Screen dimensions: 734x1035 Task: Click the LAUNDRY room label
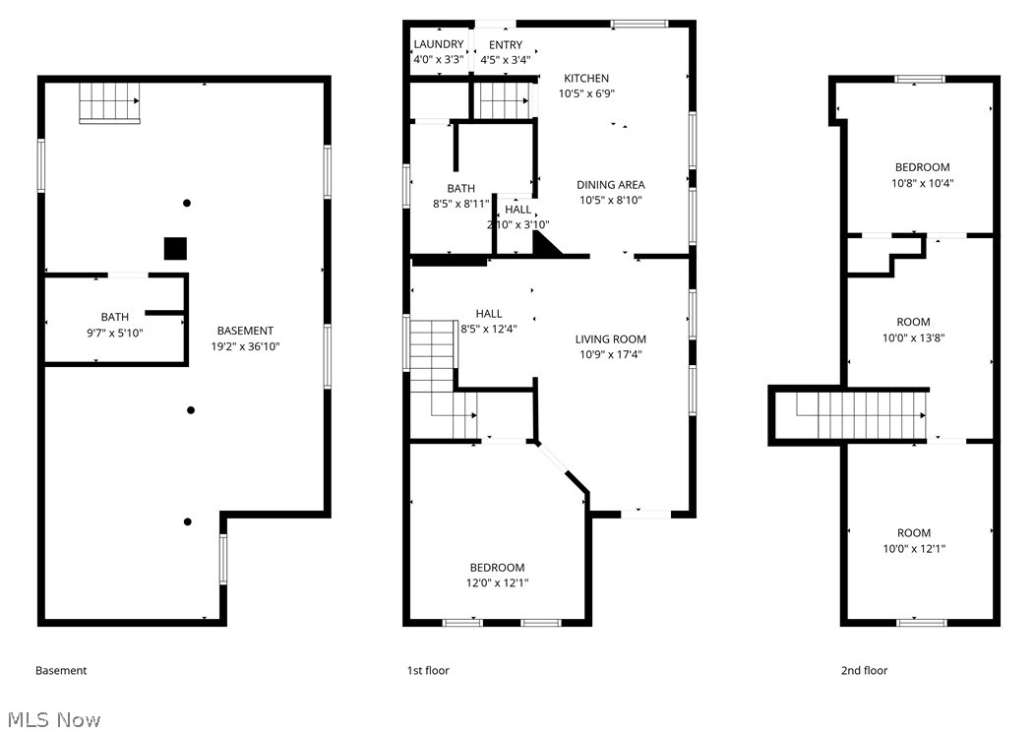pos(438,44)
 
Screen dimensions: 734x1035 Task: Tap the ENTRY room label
pos(507,44)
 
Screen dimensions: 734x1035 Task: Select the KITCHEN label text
pos(586,79)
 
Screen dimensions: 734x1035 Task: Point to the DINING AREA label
pos(610,185)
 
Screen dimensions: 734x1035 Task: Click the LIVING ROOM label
pos(610,339)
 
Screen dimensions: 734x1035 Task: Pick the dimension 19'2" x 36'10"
pos(245,346)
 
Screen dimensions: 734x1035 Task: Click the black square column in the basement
pos(175,248)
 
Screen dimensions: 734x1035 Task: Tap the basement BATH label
pos(114,317)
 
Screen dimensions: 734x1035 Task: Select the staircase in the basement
pos(109,102)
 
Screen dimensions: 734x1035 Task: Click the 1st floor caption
pos(428,671)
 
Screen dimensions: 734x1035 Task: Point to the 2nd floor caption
pos(864,671)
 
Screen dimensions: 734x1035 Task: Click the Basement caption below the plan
pos(61,671)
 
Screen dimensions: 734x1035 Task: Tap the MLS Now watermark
pos(51,719)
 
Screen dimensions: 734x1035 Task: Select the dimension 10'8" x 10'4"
pos(922,183)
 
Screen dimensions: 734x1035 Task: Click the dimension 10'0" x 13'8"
pos(920,337)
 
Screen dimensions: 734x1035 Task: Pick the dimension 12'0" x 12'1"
pos(497,583)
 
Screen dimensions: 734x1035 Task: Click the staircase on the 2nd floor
pos(862,414)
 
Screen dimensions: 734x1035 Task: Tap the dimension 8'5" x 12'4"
pos(488,330)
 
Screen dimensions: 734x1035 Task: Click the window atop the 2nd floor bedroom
pos(919,79)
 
